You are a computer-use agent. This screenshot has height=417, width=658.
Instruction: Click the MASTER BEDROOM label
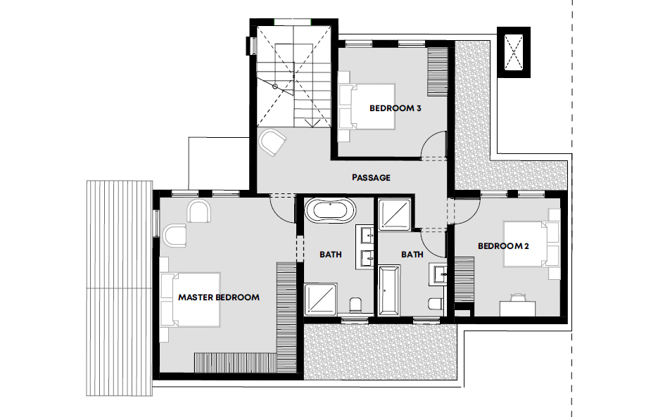pyautogui.click(x=219, y=297)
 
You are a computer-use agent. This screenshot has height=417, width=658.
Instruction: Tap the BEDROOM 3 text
pyautogui.click(x=396, y=108)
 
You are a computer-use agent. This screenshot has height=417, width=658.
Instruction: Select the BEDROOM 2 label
pyautogui.click(x=503, y=246)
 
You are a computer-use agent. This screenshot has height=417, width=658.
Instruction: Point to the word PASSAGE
pyautogui.click(x=371, y=177)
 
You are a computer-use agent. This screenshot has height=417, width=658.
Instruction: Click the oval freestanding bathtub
pyautogui.click(x=330, y=210)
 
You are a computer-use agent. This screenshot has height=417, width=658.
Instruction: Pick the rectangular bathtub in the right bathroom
pyautogui.click(x=388, y=290)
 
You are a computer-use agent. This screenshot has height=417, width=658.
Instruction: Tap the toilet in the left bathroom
pyautogui.click(x=355, y=305)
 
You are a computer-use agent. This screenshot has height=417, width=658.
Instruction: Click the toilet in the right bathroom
pyautogui.click(x=436, y=304)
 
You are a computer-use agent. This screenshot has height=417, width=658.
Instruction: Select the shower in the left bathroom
pyautogui.click(x=320, y=299)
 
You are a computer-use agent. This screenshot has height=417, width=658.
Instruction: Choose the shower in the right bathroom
pyautogui.click(x=394, y=214)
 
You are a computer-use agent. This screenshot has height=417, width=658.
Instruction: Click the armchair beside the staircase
pyautogui.click(x=272, y=142)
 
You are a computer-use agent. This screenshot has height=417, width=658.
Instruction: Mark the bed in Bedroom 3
pyautogui.click(x=367, y=106)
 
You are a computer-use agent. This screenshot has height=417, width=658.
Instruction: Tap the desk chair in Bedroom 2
pyautogui.click(x=517, y=297)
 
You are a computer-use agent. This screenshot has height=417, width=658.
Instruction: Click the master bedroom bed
pyautogui.click(x=190, y=300)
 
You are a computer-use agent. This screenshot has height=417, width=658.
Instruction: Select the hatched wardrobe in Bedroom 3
pyautogui.click(x=437, y=71)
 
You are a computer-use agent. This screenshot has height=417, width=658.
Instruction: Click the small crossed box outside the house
pyautogui.click(x=514, y=52)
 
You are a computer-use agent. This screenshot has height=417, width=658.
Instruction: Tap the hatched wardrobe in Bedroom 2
pyautogui.click(x=464, y=280)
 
